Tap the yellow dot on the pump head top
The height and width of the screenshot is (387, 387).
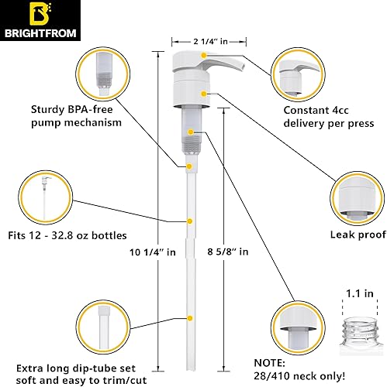202,54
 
